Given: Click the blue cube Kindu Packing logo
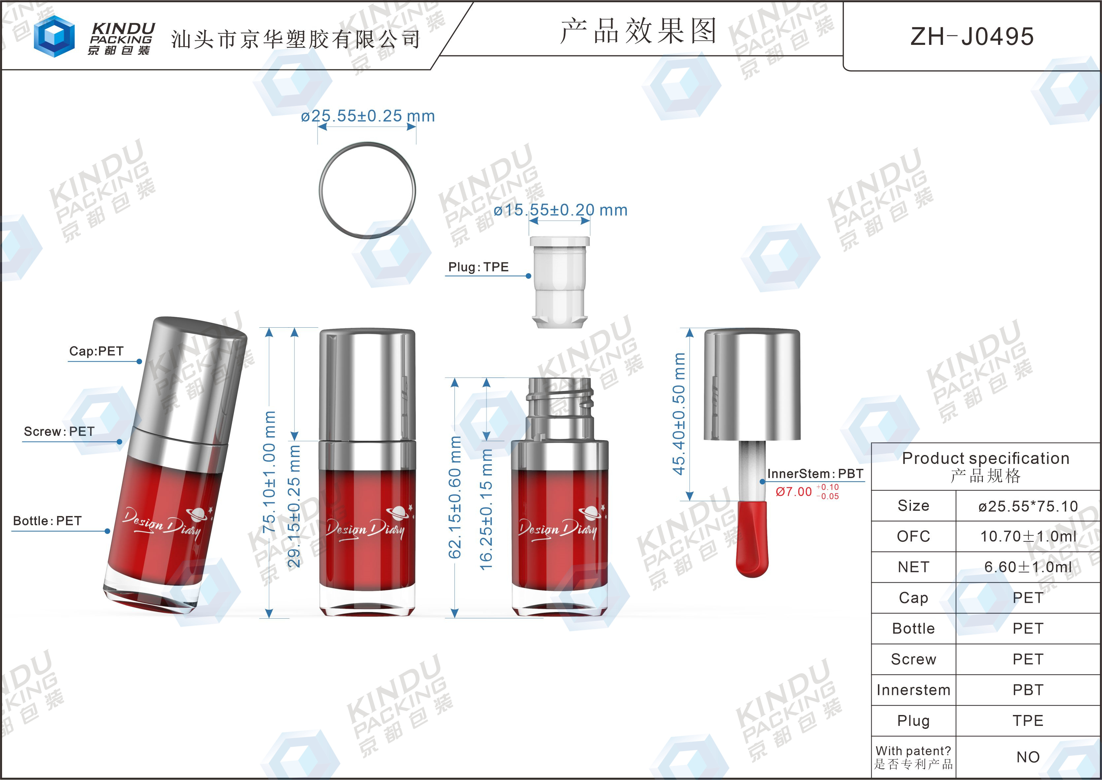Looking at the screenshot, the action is pyautogui.click(x=54, y=36).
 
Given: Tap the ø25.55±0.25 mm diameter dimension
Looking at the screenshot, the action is pyautogui.click(x=367, y=116).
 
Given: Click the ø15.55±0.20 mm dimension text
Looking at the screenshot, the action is pyautogui.click(x=561, y=210).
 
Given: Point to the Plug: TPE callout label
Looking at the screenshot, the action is pyautogui.click(x=478, y=267).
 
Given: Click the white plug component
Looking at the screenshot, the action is pyautogui.click(x=560, y=282).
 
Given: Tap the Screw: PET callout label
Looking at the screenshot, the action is pyautogui.click(x=59, y=431).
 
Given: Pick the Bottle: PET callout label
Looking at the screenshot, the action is pyautogui.click(x=47, y=521).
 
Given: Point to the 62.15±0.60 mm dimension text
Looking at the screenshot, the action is pyautogui.click(x=454, y=497).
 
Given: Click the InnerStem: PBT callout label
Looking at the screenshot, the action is pyautogui.click(x=815, y=473).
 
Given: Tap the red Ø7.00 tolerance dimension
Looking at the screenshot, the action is pyautogui.click(x=807, y=491).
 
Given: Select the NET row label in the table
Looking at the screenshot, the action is pyautogui.click(x=913, y=567).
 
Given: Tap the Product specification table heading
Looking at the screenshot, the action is pyautogui.click(x=986, y=466).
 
